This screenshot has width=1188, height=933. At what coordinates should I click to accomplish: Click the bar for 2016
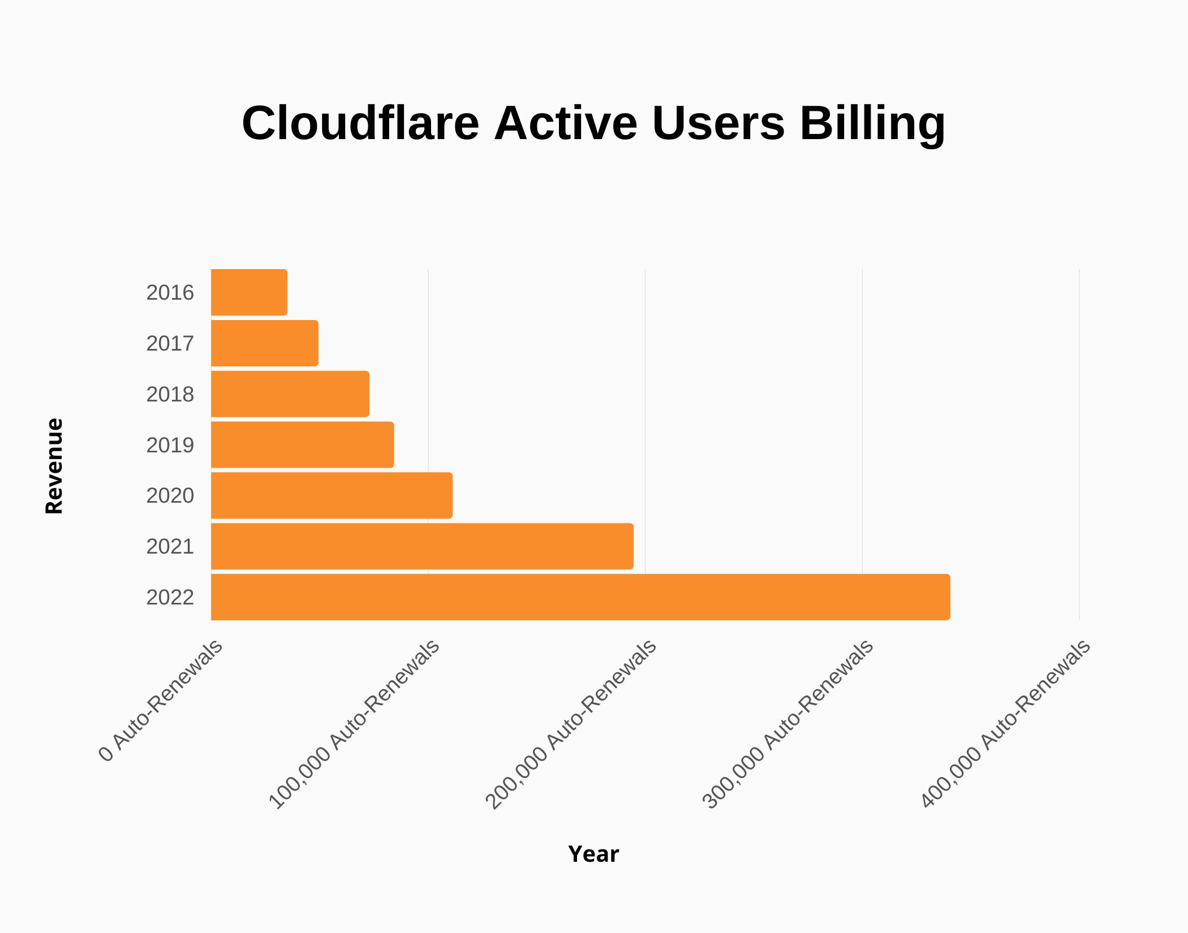[249, 292]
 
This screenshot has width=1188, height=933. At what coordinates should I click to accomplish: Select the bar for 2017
[264, 343]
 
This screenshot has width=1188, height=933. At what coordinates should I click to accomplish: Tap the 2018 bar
[290, 394]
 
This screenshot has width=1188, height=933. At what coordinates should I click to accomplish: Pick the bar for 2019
[302, 445]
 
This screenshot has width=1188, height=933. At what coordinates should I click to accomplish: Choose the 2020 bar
[332, 495]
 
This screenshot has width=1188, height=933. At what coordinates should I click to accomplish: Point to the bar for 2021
[422, 546]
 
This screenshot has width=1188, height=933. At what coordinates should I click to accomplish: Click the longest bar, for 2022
[580, 597]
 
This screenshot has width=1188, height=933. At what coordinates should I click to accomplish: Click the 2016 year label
[170, 293]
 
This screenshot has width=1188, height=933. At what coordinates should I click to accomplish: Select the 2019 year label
[170, 446]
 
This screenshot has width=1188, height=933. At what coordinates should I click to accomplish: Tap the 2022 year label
[170, 598]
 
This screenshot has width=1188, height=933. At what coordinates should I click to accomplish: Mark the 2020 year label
[170, 496]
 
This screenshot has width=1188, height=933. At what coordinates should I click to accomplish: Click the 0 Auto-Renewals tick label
[162, 701]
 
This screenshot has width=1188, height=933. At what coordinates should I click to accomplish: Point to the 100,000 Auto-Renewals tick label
[355, 725]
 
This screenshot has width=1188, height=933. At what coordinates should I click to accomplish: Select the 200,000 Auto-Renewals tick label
[571, 725]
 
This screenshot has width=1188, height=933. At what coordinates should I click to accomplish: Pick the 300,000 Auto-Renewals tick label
[789, 725]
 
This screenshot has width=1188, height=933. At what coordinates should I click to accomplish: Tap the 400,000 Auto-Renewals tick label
[1005, 725]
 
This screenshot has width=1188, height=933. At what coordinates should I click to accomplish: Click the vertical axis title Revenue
[54, 466]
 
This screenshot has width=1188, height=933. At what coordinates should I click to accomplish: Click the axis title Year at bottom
[593, 854]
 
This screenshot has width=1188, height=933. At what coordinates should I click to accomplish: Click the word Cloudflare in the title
[360, 123]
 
